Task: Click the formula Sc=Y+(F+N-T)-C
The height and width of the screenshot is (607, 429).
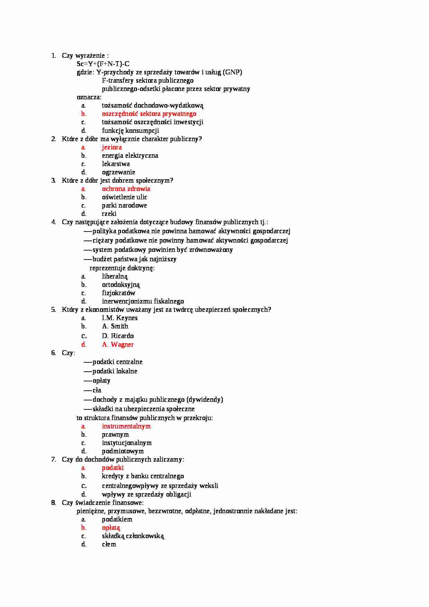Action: point(103,64)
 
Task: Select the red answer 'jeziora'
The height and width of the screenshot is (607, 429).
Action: point(112,147)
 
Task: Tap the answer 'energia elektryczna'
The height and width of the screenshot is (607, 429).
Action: point(130,156)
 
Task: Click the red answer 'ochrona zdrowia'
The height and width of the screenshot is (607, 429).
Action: point(126,189)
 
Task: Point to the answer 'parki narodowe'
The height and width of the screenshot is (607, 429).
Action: point(124,206)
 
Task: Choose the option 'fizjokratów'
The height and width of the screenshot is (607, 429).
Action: point(118,293)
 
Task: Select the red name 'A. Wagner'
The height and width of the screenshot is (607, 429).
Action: point(118,345)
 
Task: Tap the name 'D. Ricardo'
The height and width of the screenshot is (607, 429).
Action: point(118,336)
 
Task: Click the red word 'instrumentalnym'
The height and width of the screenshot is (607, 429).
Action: point(126,426)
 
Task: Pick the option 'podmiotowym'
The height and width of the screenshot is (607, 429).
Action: point(122,451)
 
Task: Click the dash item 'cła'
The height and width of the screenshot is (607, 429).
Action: point(97,390)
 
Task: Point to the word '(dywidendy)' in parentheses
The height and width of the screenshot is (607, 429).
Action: point(204,400)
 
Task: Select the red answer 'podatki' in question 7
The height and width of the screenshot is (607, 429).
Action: point(112,468)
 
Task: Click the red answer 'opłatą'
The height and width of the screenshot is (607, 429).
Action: point(111,528)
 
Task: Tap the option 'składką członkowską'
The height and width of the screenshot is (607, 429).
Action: point(133,536)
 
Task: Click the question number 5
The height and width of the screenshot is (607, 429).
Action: point(53,310)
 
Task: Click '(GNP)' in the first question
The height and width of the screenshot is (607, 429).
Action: point(232,72)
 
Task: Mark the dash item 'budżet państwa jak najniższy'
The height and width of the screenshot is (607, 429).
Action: point(134,259)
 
